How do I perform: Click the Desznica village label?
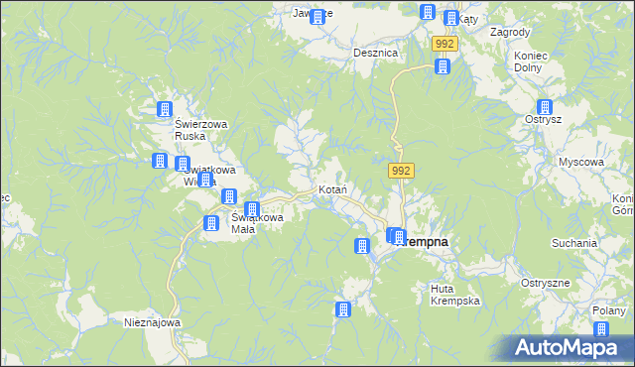click(x=376, y=53)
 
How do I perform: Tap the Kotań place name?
click(x=330, y=188)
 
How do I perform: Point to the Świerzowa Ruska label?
click(x=200, y=130)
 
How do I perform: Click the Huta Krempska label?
click(x=455, y=294)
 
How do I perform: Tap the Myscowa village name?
click(x=580, y=162)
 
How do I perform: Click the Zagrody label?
click(x=510, y=32)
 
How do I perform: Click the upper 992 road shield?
click(x=444, y=45)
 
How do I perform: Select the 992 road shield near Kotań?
click(x=401, y=172)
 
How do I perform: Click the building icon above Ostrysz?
click(x=544, y=108)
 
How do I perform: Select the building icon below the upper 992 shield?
click(x=443, y=67)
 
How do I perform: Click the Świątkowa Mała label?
click(x=256, y=223)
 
